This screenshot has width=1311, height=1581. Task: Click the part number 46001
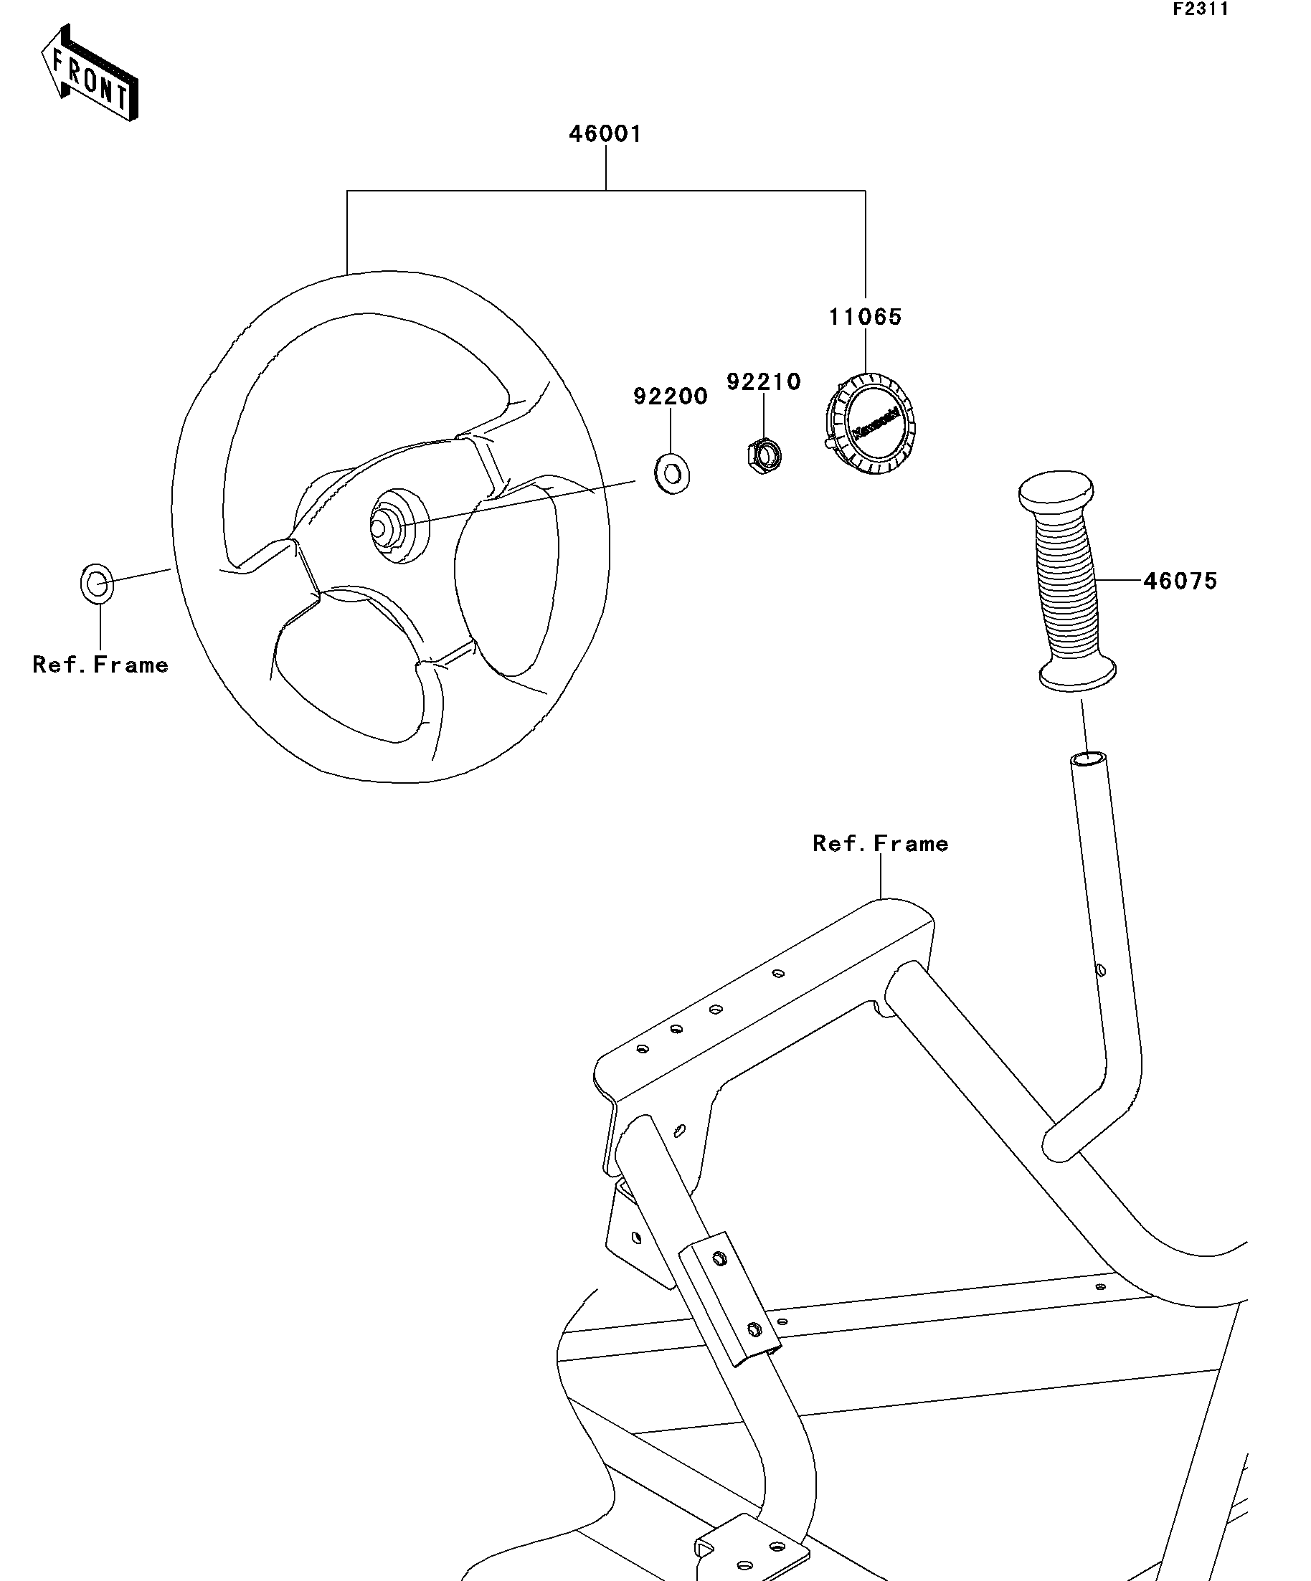pos(605,134)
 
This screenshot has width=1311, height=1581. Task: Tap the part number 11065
pos(865,317)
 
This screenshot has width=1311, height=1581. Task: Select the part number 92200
pos(670,396)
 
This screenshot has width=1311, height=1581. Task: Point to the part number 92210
pos(764,381)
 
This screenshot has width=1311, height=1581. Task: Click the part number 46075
pos(1180,581)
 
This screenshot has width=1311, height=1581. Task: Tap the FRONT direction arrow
pos(89,73)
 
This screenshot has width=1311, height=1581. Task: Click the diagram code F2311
pos(1201,9)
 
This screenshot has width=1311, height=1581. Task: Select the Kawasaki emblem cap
pos(871,425)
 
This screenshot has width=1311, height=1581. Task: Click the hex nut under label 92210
pos(764,454)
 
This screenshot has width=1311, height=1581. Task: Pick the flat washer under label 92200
pos(672,473)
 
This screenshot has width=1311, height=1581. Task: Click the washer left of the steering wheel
pos(97,583)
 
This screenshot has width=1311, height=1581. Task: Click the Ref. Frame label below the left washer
pos(100,665)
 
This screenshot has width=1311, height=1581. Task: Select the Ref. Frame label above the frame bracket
pos(880,843)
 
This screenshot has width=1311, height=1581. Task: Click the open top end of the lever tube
pos(1089,758)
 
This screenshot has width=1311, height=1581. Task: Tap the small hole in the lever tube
pos(1100,969)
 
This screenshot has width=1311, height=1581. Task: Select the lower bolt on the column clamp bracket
pos(753,1329)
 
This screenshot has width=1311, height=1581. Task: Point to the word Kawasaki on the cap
pos(876,424)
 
